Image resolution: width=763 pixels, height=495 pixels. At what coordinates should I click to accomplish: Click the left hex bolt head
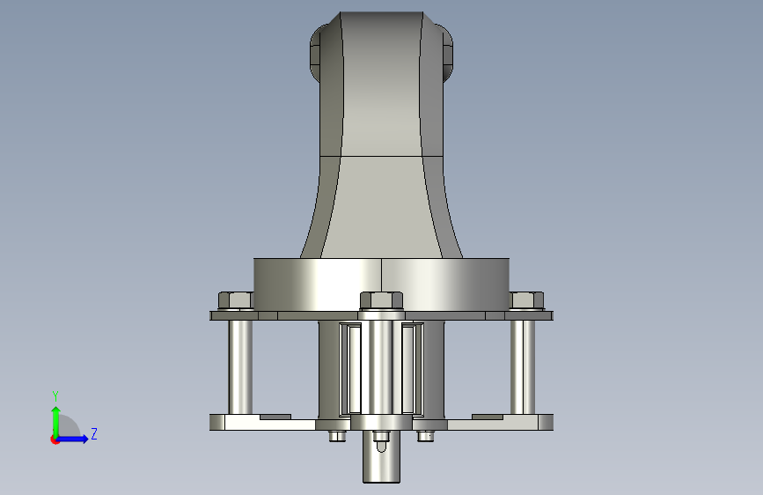tap(236, 300)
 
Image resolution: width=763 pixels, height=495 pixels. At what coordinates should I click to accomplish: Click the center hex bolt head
tap(382, 300)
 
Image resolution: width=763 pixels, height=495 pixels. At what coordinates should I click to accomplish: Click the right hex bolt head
tap(526, 300)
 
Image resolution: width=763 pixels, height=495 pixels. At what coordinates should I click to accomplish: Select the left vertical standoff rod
tap(240, 367)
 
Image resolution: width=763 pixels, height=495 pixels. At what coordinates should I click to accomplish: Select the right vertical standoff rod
tap(523, 367)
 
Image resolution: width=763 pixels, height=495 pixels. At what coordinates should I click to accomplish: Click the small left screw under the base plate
tap(337, 436)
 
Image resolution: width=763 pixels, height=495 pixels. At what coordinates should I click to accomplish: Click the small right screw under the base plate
tap(425, 436)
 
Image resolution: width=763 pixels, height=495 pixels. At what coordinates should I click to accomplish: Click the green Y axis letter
tap(55, 396)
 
